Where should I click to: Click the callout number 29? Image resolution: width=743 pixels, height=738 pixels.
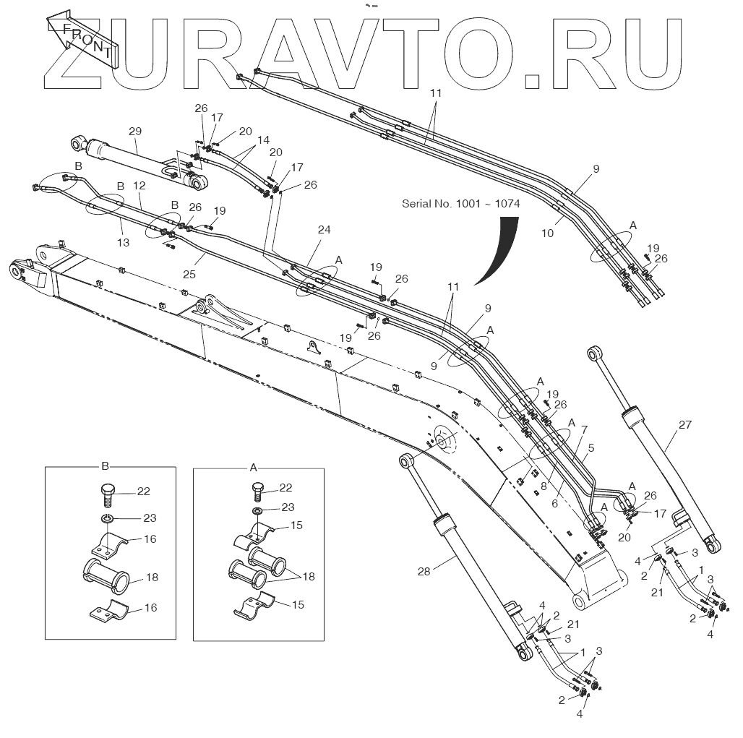click(135, 132)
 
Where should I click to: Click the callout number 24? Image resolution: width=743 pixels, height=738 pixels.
click(325, 231)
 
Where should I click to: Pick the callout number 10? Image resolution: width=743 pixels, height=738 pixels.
click(547, 233)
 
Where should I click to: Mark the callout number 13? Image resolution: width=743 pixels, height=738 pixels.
click(124, 243)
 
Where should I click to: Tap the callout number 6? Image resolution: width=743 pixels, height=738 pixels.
click(555, 504)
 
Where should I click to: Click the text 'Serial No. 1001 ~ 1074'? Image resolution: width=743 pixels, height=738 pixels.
click(460, 204)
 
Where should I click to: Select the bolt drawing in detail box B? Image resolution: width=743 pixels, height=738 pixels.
click(107, 494)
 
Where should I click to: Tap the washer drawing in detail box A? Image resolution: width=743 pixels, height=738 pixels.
click(259, 512)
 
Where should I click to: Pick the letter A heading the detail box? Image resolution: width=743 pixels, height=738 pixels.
click(254, 468)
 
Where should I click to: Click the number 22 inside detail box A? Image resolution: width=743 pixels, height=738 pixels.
click(285, 487)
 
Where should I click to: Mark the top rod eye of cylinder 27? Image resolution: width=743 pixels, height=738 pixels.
click(594, 353)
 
